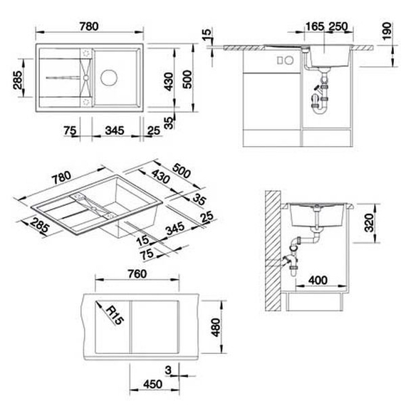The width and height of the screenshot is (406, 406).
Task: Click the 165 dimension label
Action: click(314, 26)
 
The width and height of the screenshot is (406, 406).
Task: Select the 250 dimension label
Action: click(338, 26)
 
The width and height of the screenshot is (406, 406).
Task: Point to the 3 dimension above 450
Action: click(168, 368)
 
